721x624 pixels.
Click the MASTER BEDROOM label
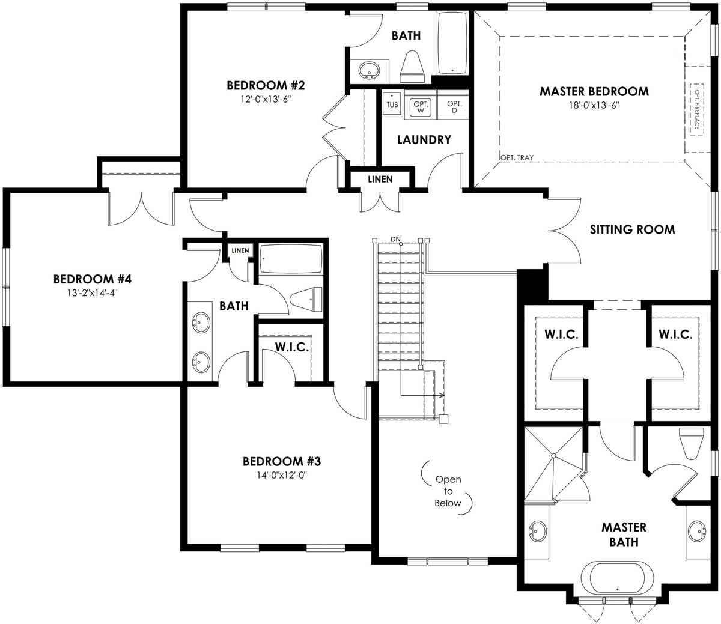[594, 92]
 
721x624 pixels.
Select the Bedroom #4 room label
[92, 279]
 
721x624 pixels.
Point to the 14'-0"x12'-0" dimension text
[282, 474]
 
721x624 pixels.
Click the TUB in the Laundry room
[392, 103]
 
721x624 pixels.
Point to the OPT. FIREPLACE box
[697, 110]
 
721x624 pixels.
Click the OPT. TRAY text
[516, 158]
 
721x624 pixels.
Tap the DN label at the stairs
[395, 239]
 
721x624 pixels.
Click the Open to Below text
[448, 491]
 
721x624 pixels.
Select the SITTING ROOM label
[632, 229]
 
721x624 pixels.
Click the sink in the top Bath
[367, 71]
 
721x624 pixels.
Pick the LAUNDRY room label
[424, 140]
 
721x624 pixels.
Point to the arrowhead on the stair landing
[442, 395]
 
